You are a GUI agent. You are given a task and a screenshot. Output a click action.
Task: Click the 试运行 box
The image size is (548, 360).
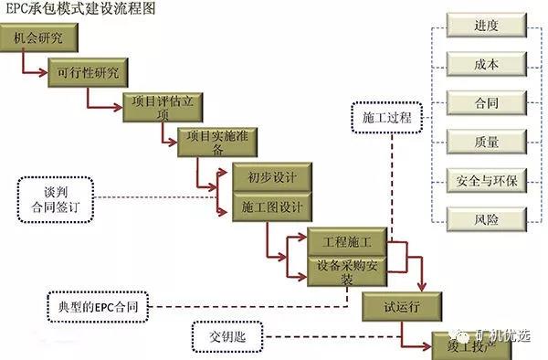(x=402, y=306)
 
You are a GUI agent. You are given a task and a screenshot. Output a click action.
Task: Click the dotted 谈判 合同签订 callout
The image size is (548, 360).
(x=55, y=197)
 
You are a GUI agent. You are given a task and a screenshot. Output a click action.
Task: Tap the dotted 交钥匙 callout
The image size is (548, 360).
(x=226, y=335)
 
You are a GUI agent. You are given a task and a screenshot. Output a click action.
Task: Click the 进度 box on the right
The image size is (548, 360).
(x=487, y=26)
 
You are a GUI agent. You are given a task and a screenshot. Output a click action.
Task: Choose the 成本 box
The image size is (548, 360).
(x=487, y=64)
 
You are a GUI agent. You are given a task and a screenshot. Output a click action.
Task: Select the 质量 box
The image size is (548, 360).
(x=487, y=141)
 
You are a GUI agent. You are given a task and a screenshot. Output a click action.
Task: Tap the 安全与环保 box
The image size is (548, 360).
(x=487, y=179)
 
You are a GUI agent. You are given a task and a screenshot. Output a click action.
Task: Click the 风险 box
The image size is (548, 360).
(x=487, y=217)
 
